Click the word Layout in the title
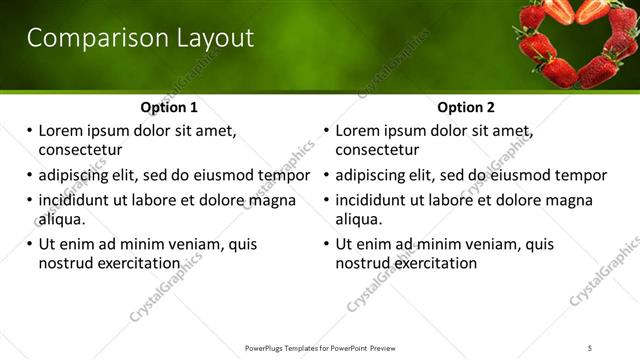[209, 38]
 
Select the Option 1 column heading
[169, 107]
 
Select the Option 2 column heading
[467, 107]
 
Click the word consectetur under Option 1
[80, 151]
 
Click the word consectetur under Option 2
[377, 151]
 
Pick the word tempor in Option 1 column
[284, 175]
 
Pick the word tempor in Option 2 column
[581, 175]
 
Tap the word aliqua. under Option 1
[62, 219]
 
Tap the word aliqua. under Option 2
[360, 219]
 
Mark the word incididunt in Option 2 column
[376, 199]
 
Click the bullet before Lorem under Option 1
[30, 130]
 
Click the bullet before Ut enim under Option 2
[327, 243]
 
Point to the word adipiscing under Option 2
[376, 175]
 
